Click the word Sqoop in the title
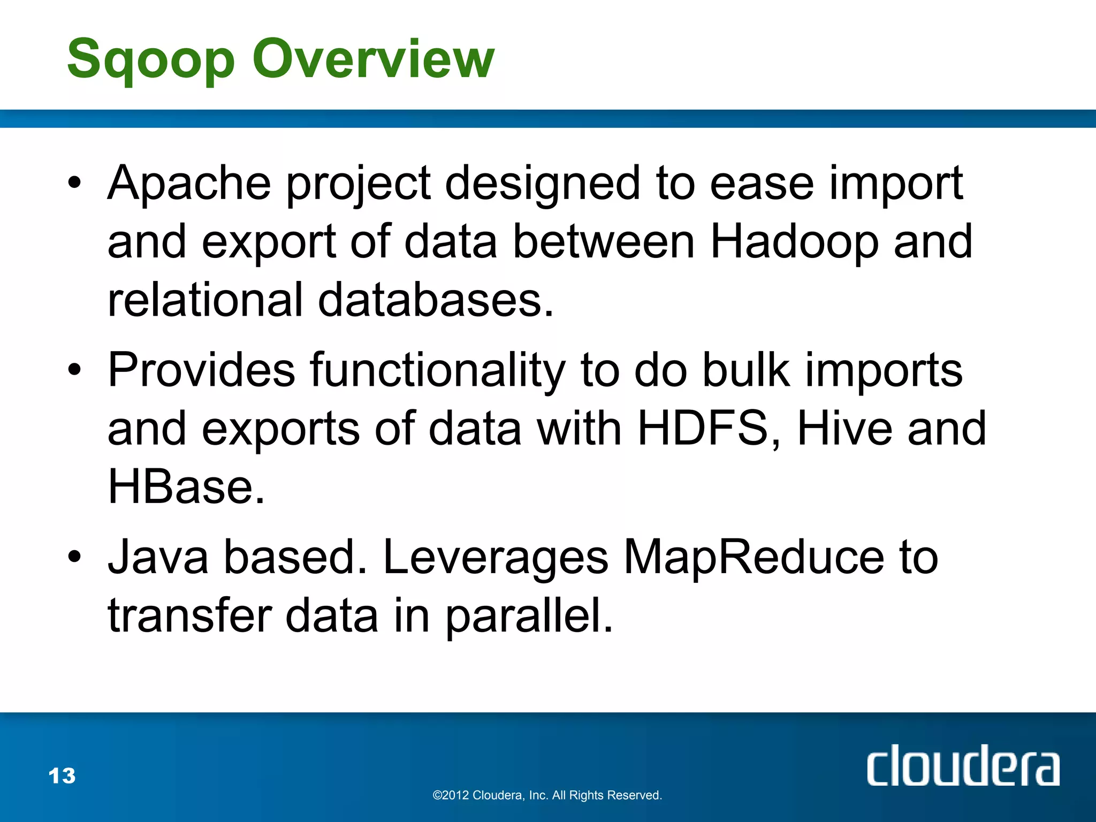151,60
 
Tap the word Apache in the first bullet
189,184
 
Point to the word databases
435,300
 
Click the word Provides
201,370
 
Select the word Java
158,558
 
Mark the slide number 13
62,776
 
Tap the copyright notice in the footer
547,795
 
